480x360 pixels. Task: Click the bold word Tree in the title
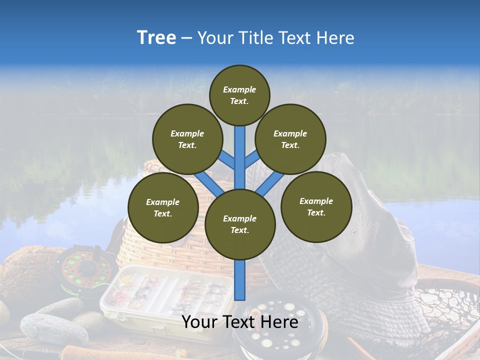156,37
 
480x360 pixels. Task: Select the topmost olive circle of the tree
239,95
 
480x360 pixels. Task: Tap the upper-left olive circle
187,139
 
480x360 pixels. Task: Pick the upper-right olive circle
290,139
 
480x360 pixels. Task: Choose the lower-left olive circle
163,207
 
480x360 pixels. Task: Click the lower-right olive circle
316,206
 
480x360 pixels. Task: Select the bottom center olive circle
240,224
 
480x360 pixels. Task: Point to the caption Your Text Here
239,322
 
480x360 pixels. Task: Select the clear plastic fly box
165,295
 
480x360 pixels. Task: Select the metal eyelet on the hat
354,232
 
